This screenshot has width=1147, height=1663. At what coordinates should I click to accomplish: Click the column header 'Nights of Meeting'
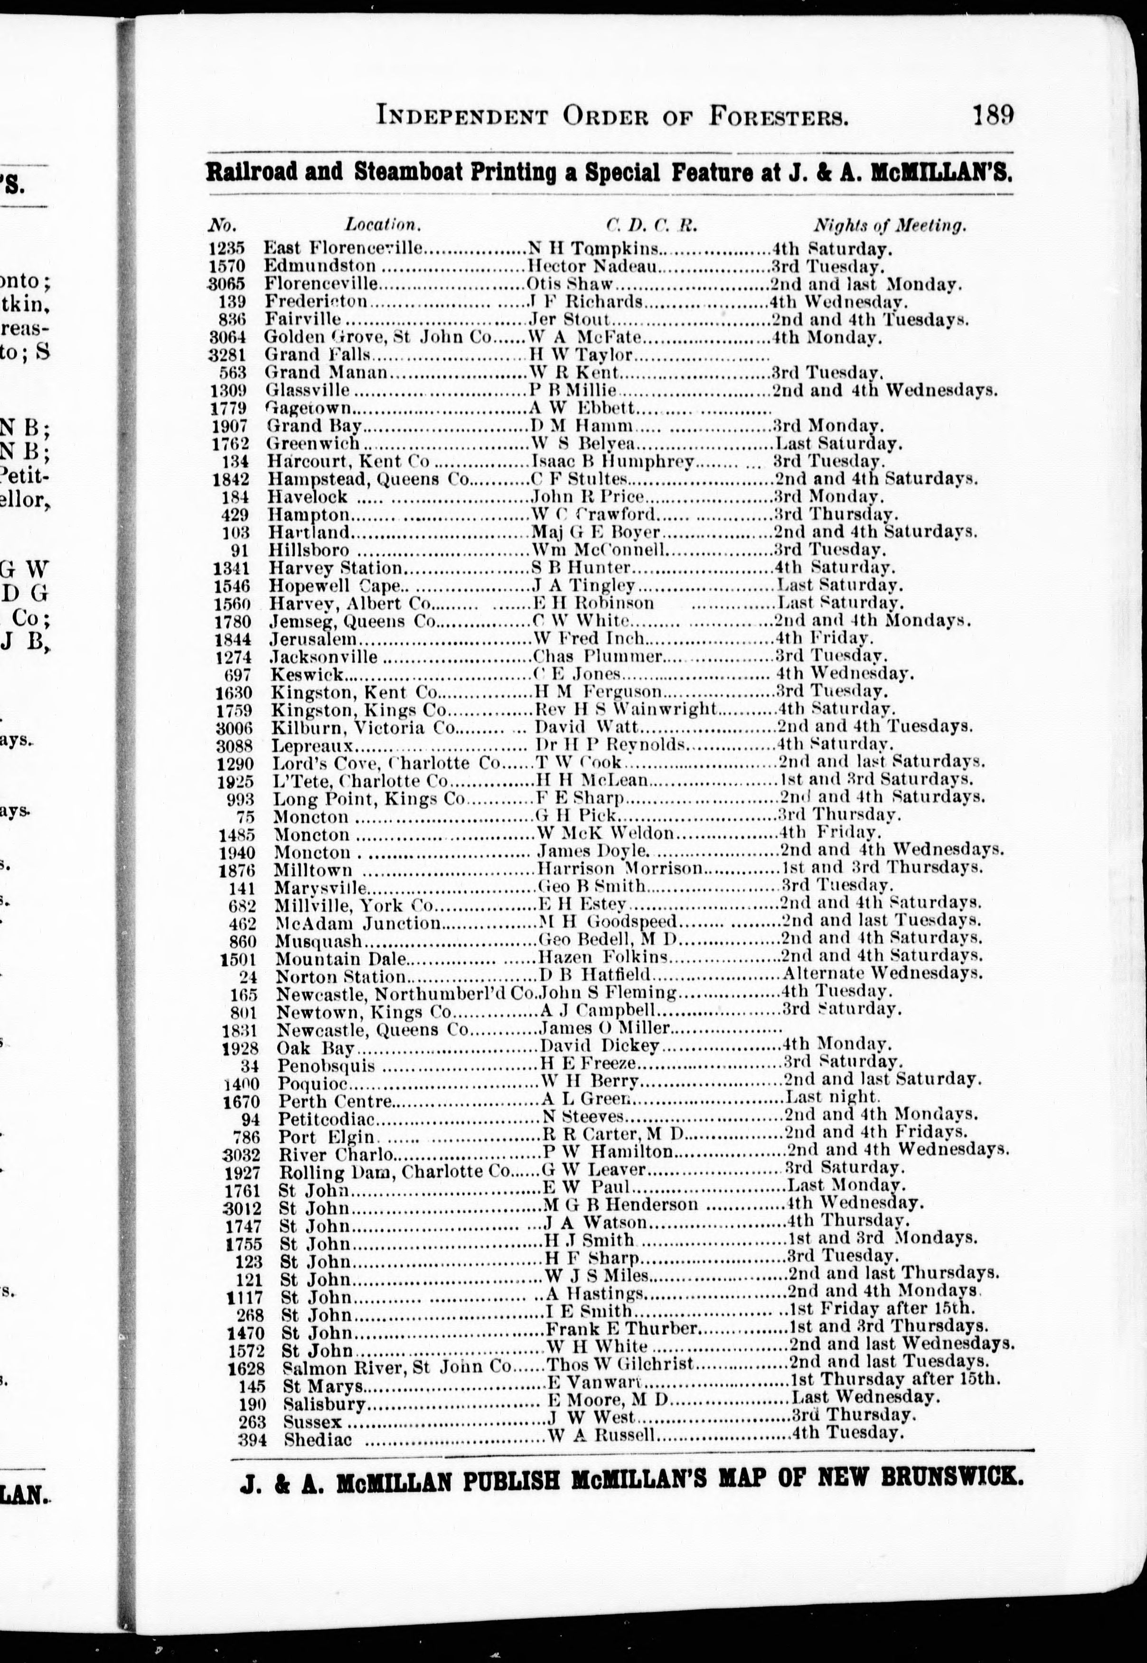pyautogui.click(x=890, y=225)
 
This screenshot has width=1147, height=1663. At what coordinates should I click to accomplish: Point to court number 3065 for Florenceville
pyautogui.click(x=227, y=284)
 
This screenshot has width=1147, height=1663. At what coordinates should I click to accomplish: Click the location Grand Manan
pyautogui.click(x=326, y=373)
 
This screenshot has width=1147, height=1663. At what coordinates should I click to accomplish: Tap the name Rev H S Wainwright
pyautogui.click(x=626, y=709)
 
